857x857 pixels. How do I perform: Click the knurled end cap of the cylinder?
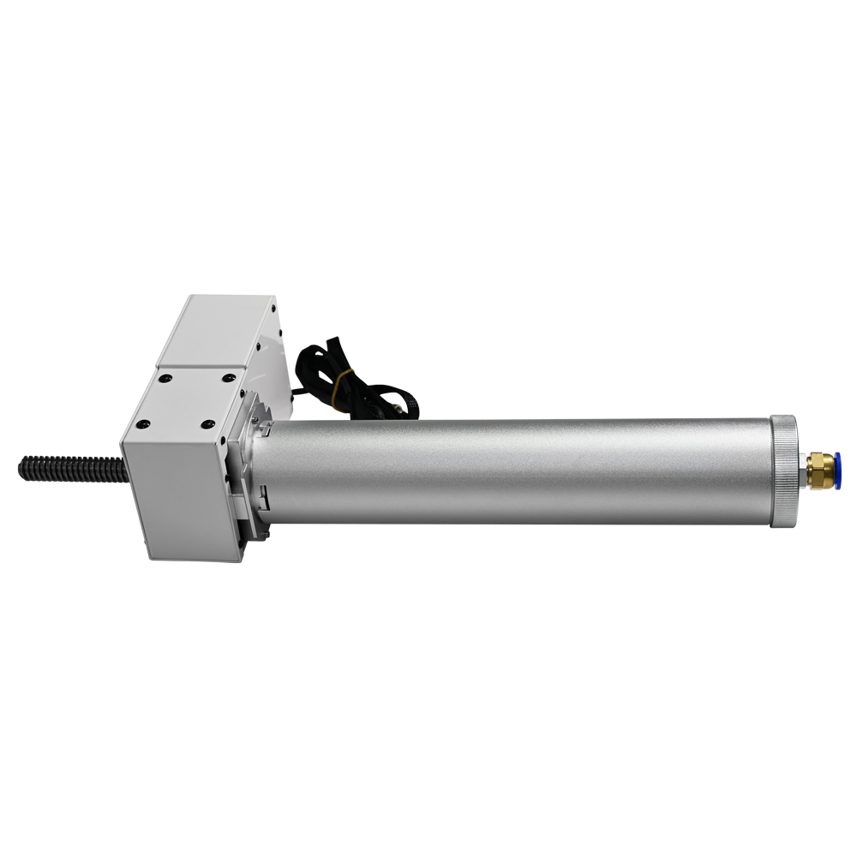tap(782, 470)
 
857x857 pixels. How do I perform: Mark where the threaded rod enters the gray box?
tap(123, 469)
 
